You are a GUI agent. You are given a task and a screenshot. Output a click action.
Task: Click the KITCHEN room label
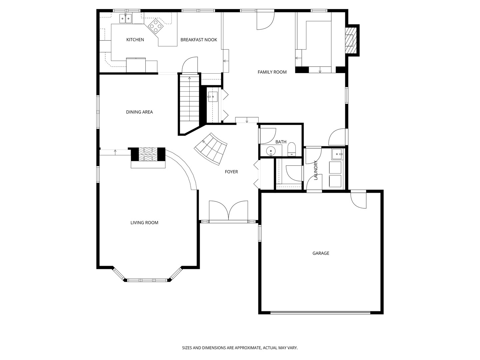coord(135,40)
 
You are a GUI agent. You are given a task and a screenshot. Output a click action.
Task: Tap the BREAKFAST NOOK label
coord(199,40)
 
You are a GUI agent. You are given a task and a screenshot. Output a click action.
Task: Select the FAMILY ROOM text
coord(272,72)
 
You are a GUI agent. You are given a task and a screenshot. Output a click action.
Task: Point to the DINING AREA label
coord(139,112)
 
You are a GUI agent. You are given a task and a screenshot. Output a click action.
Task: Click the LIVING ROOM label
coord(144,223)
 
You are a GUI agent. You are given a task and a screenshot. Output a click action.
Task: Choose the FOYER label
coord(231,172)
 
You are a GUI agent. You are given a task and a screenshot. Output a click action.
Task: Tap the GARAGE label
coord(321,253)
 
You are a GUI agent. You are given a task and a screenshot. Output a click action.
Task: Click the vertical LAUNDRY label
coord(316,170)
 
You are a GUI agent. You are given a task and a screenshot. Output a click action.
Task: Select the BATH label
coord(281,142)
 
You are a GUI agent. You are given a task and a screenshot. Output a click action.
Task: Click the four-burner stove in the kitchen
coord(155,26)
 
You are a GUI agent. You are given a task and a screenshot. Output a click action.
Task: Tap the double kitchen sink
coord(126,19)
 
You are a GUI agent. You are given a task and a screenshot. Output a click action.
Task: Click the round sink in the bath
coord(271,151)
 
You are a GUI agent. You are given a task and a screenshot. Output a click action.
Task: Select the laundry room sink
coord(337,154)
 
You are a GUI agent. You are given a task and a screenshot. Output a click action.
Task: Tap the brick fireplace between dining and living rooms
coord(148,154)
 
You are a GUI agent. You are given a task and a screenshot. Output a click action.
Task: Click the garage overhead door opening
coord(320,313)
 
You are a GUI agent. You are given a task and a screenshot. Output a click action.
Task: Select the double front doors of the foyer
coord(228,211)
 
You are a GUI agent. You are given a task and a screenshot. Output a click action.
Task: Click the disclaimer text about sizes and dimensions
coord(240,348)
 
